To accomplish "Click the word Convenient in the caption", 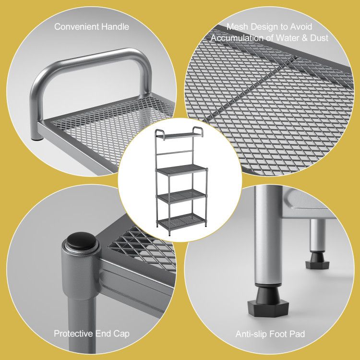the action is click(x=77, y=26).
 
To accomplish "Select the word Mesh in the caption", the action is click(x=237, y=26).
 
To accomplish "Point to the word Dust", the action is click(x=319, y=37).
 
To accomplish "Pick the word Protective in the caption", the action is click(x=73, y=334).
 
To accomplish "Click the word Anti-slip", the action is click(x=251, y=334).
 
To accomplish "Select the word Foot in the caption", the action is click(x=277, y=334).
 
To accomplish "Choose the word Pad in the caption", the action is click(x=297, y=334).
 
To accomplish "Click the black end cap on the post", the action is click(x=81, y=241).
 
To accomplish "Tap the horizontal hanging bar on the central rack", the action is click(x=175, y=152).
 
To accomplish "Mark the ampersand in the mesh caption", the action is click(x=304, y=38).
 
